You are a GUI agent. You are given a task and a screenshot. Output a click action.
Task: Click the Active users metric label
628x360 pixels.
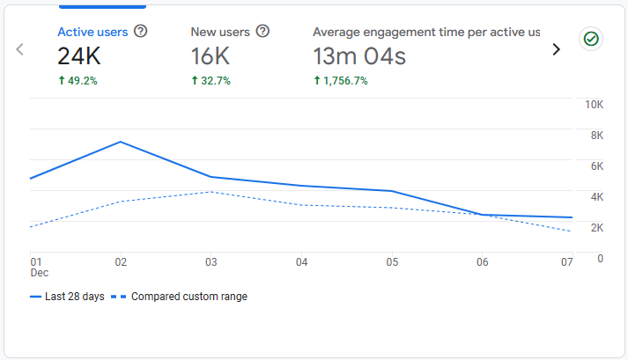click(x=92, y=32)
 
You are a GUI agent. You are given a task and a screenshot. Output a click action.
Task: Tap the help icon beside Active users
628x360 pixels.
click(x=140, y=32)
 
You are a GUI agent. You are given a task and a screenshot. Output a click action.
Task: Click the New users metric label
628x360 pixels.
click(x=219, y=32)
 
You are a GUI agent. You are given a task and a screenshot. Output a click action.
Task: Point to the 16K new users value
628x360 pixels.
click(x=211, y=57)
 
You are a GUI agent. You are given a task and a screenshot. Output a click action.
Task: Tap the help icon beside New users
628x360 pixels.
click(x=262, y=32)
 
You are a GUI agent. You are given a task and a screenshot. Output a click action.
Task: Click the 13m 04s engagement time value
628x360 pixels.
click(x=359, y=57)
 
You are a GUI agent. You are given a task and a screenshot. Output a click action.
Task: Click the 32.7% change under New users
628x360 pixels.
click(x=211, y=81)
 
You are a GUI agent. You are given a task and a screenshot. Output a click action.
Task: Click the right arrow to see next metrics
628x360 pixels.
click(x=556, y=49)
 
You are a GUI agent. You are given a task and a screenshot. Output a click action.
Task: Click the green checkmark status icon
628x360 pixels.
click(x=591, y=39)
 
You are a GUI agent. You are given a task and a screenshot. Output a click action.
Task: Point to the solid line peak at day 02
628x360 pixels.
click(x=121, y=142)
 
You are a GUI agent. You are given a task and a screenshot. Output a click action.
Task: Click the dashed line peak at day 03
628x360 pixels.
click(x=211, y=192)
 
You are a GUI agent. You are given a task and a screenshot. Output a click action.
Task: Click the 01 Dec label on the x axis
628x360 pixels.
click(x=37, y=267)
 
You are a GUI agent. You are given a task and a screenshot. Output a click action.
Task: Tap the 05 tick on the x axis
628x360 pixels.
click(x=392, y=262)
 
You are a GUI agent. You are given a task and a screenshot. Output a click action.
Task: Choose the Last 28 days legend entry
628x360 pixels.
click(x=68, y=297)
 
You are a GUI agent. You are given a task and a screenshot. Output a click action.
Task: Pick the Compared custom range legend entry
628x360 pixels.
click(x=182, y=297)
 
